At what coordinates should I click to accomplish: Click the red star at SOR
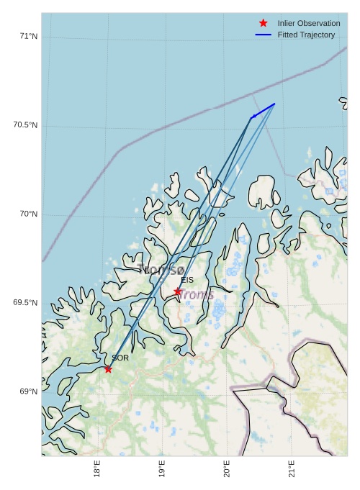108,369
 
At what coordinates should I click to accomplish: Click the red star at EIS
178,291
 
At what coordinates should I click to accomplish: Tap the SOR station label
120,358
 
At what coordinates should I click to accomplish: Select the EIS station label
187,280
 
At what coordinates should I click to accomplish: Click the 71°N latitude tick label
28,37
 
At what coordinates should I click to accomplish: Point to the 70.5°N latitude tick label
25,125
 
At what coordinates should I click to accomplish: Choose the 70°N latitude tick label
28,214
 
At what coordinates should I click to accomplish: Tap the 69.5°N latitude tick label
25,303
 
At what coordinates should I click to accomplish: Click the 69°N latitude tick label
28,391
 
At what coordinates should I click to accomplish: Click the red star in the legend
263,23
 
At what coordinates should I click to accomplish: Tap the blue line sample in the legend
263,35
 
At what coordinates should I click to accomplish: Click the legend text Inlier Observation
309,23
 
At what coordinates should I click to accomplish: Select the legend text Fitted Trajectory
306,35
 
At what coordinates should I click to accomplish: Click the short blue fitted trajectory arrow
263,111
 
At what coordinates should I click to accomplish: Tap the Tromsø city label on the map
161,270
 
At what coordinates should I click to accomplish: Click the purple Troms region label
197,294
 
